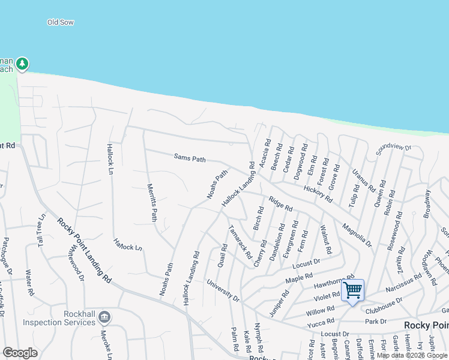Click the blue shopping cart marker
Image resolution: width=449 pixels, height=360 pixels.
(x=352, y=291)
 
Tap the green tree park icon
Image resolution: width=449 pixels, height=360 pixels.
(x=22, y=63)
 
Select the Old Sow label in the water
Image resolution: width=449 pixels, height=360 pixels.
(x=61, y=22)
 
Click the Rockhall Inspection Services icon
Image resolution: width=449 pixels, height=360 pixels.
(x=104, y=316)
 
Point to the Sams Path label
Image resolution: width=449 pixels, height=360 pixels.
(x=190, y=158)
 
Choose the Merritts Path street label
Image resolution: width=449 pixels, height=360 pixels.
(x=152, y=202)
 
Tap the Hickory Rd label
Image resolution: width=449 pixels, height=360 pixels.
(x=318, y=193)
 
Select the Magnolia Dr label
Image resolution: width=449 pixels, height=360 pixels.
(x=357, y=235)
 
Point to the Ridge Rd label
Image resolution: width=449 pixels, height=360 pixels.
(x=280, y=204)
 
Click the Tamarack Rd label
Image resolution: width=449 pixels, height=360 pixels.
(x=241, y=242)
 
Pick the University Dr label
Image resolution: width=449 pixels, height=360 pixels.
(x=223, y=290)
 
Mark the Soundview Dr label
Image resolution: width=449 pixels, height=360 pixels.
(x=393, y=147)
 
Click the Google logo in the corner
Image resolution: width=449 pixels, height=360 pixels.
(x=20, y=353)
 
